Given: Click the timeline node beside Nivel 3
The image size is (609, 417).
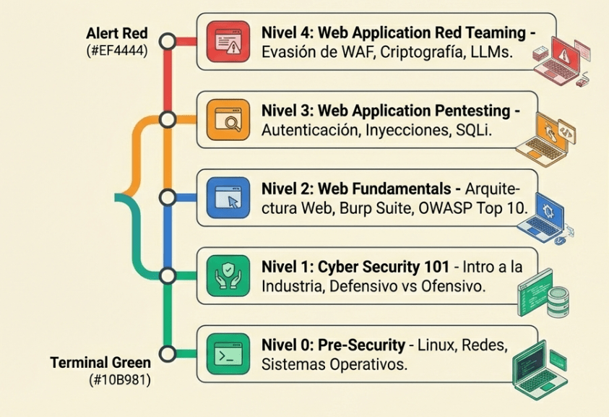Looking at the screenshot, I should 168,119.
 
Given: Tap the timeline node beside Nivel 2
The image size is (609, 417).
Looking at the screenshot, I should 168,197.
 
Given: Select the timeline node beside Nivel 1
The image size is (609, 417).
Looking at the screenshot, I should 168,275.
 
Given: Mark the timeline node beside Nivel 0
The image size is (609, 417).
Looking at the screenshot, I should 168,354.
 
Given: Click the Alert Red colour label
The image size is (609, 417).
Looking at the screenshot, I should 116,34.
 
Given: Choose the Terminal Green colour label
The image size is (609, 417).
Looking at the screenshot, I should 100,361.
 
